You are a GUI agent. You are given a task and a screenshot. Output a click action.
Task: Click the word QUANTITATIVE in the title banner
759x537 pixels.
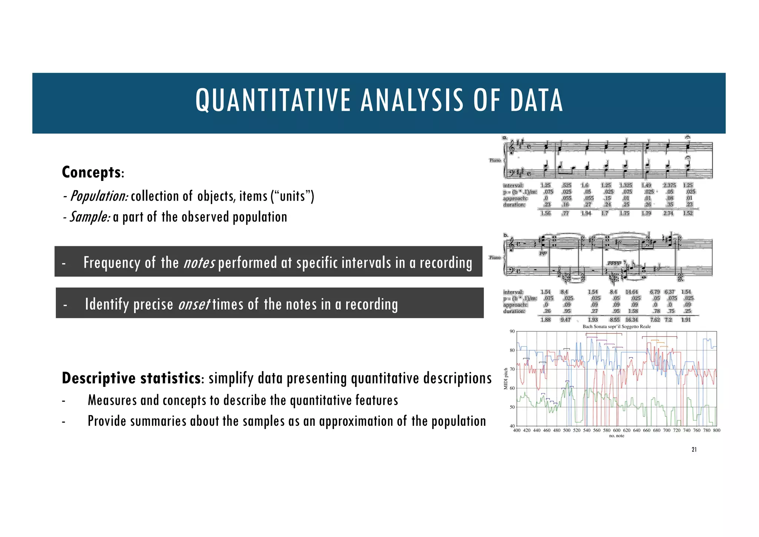[x=273, y=100]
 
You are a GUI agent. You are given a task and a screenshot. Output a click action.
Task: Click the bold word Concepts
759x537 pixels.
[x=91, y=172]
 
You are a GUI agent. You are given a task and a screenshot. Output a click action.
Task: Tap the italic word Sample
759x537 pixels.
[x=90, y=217]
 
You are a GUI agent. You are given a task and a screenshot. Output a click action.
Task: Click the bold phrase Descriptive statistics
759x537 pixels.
[x=131, y=378]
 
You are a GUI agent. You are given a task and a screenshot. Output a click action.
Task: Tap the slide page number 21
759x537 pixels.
[x=694, y=449]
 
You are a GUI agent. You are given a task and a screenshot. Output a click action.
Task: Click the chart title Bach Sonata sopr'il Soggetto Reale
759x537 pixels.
[x=617, y=327]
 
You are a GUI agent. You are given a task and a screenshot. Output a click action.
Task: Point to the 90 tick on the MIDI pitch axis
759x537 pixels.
[x=512, y=331]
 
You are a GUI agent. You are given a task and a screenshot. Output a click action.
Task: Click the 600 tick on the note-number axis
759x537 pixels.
[x=617, y=431]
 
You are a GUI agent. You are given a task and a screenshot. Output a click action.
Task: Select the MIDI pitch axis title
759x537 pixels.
[x=506, y=379]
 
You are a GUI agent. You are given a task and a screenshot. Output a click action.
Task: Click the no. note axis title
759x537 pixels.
[x=617, y=436]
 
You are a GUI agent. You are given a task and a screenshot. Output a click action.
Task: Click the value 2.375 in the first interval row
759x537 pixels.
[x=669, y=185]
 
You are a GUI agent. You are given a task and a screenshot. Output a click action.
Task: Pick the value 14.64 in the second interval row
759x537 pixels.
[x=632, y=292]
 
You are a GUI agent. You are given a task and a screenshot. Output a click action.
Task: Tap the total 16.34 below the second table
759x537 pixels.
[x=632, y=320]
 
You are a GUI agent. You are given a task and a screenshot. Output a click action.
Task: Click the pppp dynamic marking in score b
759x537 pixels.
[x=614, y=263]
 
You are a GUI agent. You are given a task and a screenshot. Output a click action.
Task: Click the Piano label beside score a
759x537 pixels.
[x=495, y=161]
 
